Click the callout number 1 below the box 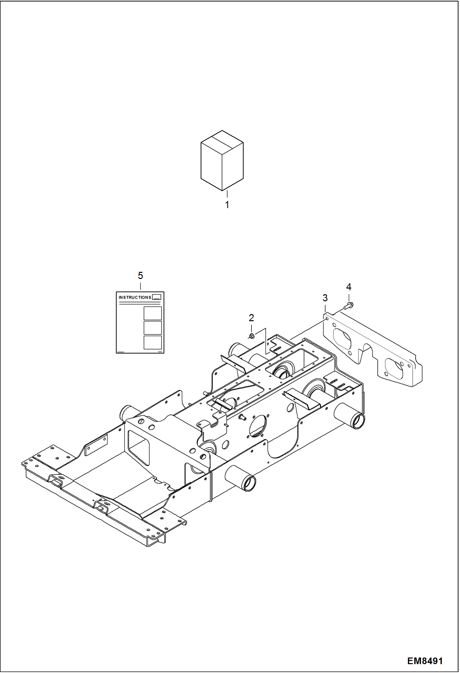[227, 205]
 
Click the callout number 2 [251, 318]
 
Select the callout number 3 [325, 298]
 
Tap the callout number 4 [349, 287]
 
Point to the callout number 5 [140, 275]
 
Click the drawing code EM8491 [425, 661]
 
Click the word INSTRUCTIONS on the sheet [135, 297]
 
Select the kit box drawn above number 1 [222, 160]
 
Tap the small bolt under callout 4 [349, 305]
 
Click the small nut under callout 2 [251, 336]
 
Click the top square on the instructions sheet [153, 313]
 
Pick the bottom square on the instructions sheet [153, 342]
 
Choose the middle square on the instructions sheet [153, 327]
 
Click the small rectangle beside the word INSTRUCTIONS [157, 297]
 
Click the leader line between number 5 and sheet [140, 286]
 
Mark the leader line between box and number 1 [227, 194]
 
